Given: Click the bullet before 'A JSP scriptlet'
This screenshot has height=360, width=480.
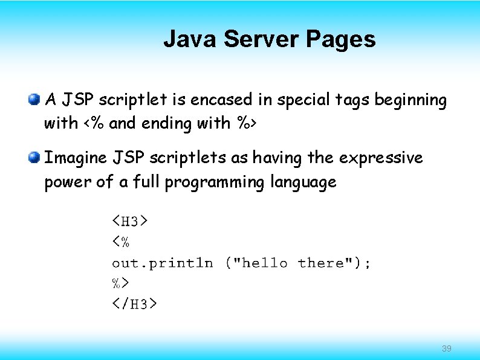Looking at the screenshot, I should (x=34, y=98).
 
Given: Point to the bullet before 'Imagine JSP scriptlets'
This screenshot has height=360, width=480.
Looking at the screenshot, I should (x=34, y=158).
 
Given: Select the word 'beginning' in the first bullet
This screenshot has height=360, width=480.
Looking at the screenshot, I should (x=410, y=100).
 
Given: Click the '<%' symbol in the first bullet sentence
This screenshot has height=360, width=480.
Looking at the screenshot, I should (x=94, y=123).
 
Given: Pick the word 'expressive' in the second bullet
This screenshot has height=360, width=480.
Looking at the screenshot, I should (x=381, y=158).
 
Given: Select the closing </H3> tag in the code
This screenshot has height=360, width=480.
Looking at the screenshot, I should (x=134, y=303).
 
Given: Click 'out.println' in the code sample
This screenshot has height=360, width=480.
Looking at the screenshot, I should (x=163, y=263).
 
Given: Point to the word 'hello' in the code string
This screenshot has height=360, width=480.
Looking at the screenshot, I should (x=264, y=263).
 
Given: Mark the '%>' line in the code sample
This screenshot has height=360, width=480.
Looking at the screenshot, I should (x=121, y=282).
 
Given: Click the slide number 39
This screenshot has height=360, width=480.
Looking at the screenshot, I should (x=447, y=349).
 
